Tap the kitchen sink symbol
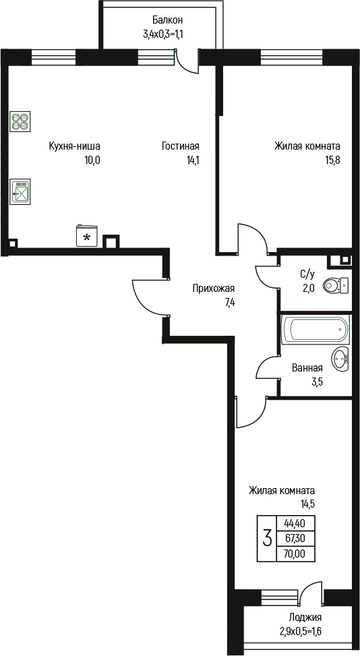[20, 191]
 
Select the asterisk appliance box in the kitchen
[86, 236]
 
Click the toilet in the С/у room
[335, 286]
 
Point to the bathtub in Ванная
[315, 330]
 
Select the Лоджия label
[305, 617]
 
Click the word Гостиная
[180, 146]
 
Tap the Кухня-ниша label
[74, 146]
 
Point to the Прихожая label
[214, 289]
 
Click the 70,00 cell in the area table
[294, 554]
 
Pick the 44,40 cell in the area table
[294, 523]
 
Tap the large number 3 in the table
[267, 538]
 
